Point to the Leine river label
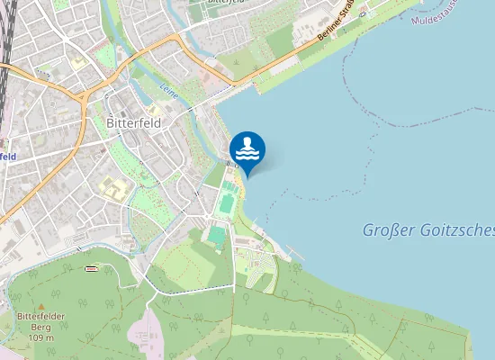168,90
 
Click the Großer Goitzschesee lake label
427,229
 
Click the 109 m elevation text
40,337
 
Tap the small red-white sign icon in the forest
90,268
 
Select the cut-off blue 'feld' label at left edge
8,156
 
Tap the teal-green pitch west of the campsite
216,236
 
